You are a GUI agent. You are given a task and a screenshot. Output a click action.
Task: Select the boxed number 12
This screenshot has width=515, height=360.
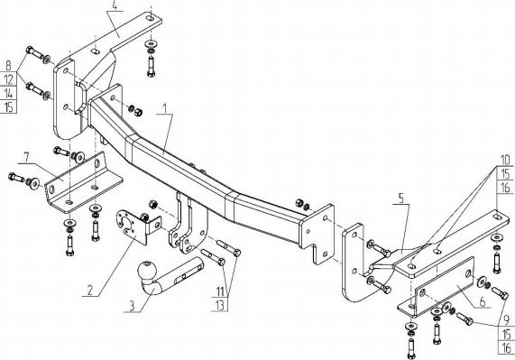tap(9, 79)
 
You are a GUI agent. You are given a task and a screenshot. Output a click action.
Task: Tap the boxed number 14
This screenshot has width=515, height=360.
tap(9, 93)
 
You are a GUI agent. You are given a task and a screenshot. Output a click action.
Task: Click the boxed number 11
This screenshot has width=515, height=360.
tap(218, 291)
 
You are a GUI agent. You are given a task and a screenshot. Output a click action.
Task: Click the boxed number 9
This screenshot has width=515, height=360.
tap(505, 317)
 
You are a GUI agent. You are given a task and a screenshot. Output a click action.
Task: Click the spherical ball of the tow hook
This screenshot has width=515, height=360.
tap(146, 272)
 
